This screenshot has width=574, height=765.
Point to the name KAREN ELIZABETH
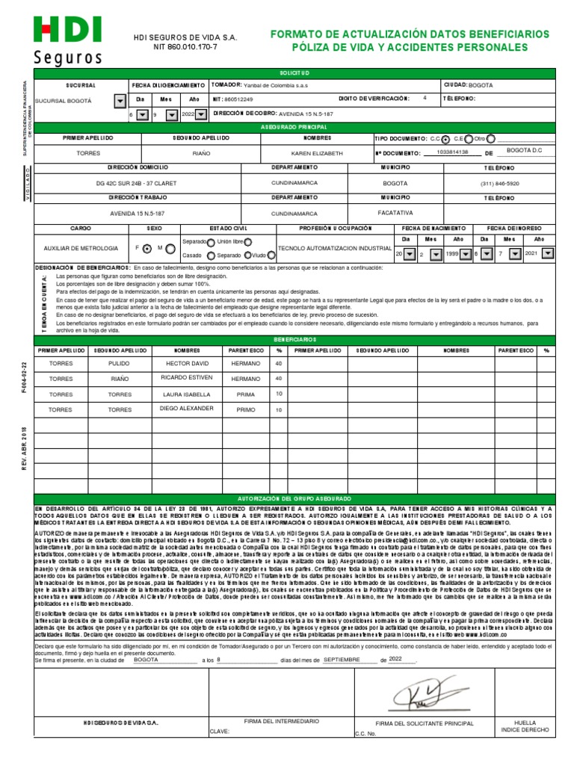pyautogui.click(x=317, y=152)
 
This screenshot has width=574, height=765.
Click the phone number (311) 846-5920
pyautogui.click(x=499, y=183)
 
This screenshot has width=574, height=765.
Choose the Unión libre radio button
pyautogui.click(x=248, y=242)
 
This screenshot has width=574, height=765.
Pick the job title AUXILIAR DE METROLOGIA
pyautogui.click(x=81, y=248)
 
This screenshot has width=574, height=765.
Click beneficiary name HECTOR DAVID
pyautogui.click(x=184, y=363)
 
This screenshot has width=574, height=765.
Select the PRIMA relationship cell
pyautogui.click(x=246, y=394)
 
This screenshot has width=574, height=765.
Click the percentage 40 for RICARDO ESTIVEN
pyautogui.click(x=279, y=379)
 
